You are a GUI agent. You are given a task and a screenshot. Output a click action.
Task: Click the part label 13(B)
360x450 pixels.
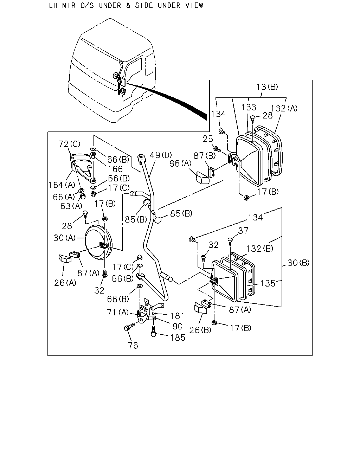[x=267, y=86]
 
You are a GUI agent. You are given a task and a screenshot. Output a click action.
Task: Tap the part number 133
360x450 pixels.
[x=249, y=107]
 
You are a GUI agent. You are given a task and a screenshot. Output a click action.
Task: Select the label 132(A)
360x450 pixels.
[x=284, y=108]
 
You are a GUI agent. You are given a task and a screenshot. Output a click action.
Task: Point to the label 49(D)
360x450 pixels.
[x=160, y=155]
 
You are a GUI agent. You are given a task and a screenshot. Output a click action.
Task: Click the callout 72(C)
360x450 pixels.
[x=69, y=144]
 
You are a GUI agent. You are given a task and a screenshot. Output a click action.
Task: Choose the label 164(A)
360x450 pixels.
[x=62, y=185]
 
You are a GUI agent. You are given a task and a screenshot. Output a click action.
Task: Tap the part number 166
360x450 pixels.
[x=115, y=169]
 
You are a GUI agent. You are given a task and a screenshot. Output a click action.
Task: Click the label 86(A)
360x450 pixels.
[x=180, y=163]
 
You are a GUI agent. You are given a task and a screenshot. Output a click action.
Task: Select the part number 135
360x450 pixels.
[x=268, y=284]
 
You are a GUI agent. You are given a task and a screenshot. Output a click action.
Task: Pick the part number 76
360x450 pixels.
[x=133, y=346]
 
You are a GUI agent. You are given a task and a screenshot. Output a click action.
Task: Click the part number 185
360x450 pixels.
[x=178, y=338]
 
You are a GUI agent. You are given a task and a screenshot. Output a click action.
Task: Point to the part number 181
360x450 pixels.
[x=177, y=316]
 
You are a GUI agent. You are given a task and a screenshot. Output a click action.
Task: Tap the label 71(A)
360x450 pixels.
[x=118, y=313]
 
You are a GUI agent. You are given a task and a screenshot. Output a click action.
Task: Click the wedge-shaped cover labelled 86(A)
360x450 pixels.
[x=202, y=177]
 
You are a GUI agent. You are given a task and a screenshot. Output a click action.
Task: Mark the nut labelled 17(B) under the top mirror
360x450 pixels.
[x=246, y=197]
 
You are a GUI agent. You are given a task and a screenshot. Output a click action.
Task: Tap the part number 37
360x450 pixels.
[x=243, y=230]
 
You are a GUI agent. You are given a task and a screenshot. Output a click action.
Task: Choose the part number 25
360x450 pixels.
[x=208, y=139]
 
